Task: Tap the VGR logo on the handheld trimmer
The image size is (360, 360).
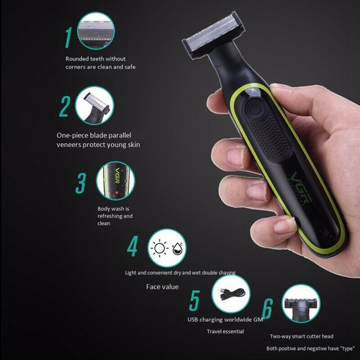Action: point(302,187)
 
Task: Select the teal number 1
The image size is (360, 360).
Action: point(68,37)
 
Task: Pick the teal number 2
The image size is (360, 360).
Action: point(65,107)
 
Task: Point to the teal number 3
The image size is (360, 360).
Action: point(81,183)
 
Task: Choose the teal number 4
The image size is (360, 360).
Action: point(132,246)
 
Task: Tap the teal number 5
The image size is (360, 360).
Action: point(194,300)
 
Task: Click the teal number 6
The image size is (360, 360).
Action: point(267,308)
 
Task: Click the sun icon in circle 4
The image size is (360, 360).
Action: point(160,248)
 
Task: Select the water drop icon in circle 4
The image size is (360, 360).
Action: point(177,248)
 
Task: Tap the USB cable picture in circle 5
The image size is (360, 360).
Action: point(233,294)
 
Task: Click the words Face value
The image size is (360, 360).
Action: point(162,287)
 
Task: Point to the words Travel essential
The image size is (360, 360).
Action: point(225,331)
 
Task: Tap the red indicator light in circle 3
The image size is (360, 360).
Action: point(117,192)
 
